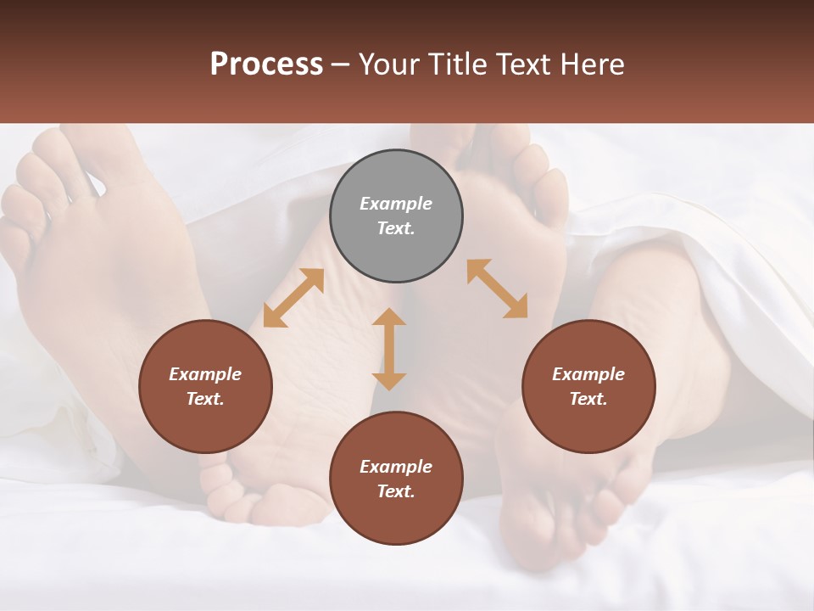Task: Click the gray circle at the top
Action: (396, 216)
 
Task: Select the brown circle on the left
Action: (205, 386)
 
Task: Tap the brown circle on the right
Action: (588, 386)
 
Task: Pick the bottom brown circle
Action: (396, 479)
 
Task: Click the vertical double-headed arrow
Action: (389, 349)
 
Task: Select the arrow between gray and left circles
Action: (293, 298)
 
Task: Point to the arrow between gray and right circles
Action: (497, 289)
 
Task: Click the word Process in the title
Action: (266, 64)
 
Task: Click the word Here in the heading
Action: (592, 64)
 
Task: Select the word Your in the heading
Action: (387, 64)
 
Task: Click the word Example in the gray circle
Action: (396, 204)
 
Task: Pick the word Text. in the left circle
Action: (205, 399)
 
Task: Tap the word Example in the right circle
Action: (588, 374)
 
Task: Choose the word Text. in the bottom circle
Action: (396, 491)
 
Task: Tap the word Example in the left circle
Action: (205, 374)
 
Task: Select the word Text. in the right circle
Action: (588, 399)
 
